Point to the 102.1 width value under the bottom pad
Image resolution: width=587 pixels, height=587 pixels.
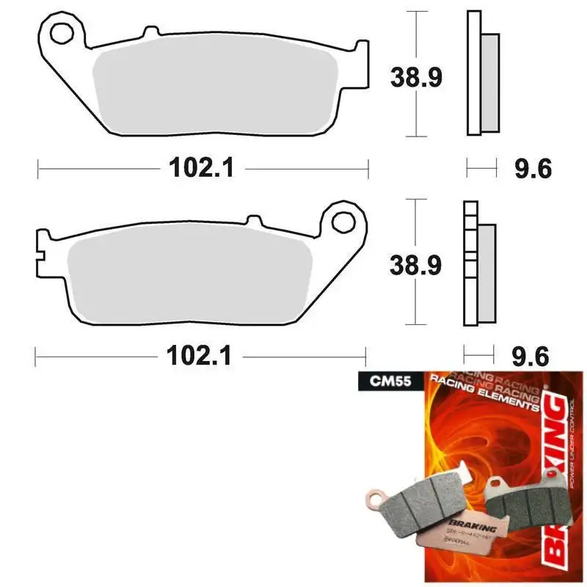click(x=200, y=357)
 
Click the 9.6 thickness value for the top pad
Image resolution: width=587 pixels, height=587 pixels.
click(x=532, y=169)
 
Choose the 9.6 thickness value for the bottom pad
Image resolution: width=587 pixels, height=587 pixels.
click(x=531, y=357)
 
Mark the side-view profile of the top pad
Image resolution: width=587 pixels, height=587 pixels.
click(x=481, y=73)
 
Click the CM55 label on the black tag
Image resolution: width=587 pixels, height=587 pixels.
click(x=379, y=380)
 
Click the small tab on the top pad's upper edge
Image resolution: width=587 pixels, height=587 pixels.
click(x=151, y=32)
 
